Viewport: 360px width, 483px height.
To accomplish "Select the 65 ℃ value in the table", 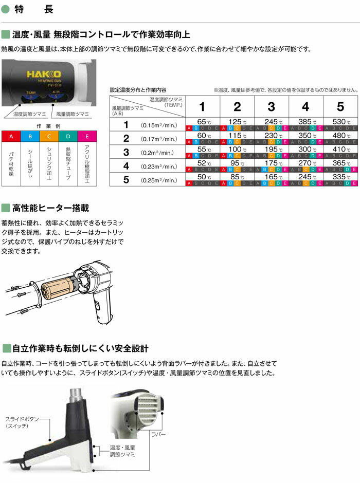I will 202,121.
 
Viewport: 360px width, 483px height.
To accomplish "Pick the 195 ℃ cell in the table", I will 271,150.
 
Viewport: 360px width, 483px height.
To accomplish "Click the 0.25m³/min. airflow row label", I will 159,181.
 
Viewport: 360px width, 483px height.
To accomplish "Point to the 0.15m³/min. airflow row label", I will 159,125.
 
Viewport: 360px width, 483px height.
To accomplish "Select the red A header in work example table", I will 12,137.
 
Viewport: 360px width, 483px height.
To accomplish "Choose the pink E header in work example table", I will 87,137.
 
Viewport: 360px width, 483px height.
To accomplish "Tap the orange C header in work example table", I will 50,137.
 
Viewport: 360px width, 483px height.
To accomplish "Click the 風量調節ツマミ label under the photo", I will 73,114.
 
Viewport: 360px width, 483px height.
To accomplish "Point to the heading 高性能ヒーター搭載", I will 50,208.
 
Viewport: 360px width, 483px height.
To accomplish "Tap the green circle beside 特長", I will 6,9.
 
